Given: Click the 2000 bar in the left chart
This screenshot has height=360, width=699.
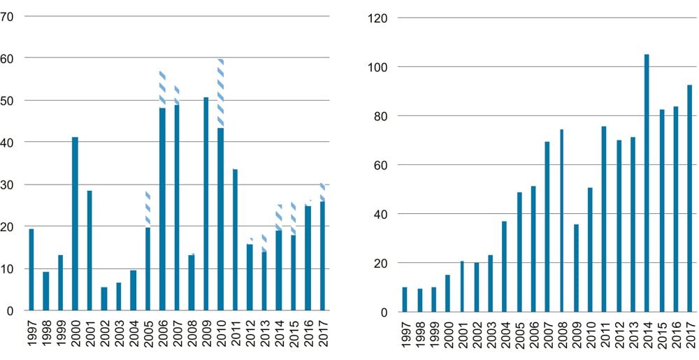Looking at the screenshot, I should (x=75, y=224).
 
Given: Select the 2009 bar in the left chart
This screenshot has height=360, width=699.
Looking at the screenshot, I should (x=206, y=203).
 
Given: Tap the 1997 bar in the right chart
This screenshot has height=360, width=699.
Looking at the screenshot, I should (x=404, y=299).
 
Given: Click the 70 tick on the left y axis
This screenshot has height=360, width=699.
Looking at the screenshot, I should (x=8, y=16).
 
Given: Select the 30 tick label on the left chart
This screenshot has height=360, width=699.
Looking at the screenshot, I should (x=8, y=185).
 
